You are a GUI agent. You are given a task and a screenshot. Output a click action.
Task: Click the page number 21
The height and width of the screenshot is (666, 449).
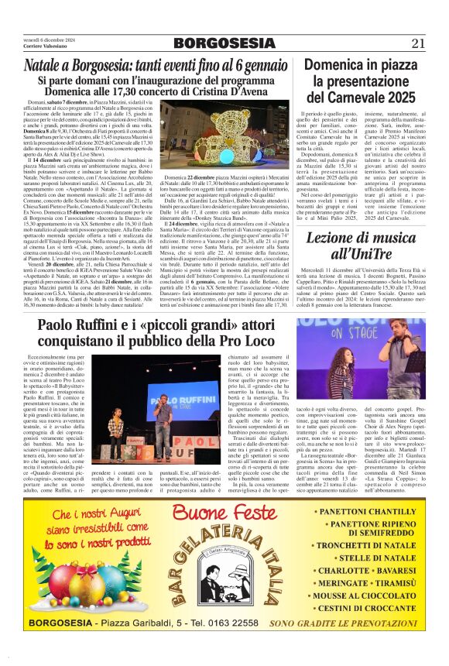pyautogui.click(x=419, y=43)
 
